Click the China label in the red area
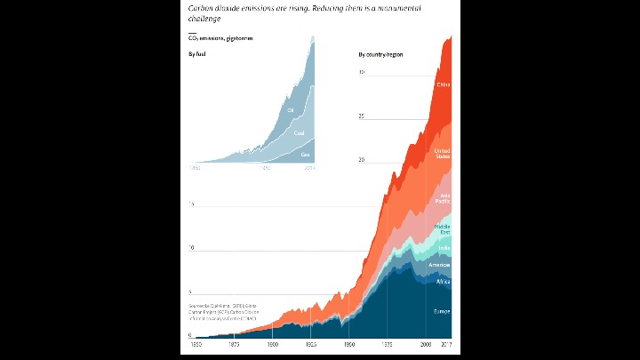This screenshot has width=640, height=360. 444,84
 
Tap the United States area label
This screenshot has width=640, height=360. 442,154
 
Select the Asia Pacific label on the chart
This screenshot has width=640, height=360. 442,198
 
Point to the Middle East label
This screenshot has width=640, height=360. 442,229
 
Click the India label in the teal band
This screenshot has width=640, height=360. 444,248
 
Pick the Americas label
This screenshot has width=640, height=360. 440,265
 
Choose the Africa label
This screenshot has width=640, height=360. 444,281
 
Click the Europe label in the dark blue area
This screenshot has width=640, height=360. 442,311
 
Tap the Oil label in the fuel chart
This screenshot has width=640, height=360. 290,110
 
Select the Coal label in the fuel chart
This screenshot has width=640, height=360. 300,133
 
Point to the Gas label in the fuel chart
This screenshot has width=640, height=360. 305,155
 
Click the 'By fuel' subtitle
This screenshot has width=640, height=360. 196,55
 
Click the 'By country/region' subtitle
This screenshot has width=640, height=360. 380,55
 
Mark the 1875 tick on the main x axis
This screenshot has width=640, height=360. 233,344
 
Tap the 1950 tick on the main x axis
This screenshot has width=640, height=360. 349,344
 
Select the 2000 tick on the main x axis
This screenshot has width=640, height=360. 427,344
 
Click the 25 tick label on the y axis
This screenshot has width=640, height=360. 361,116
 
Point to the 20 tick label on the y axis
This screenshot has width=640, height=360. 361,160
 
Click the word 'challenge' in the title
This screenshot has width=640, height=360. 204,18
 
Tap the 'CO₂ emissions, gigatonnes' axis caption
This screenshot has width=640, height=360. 220,38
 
